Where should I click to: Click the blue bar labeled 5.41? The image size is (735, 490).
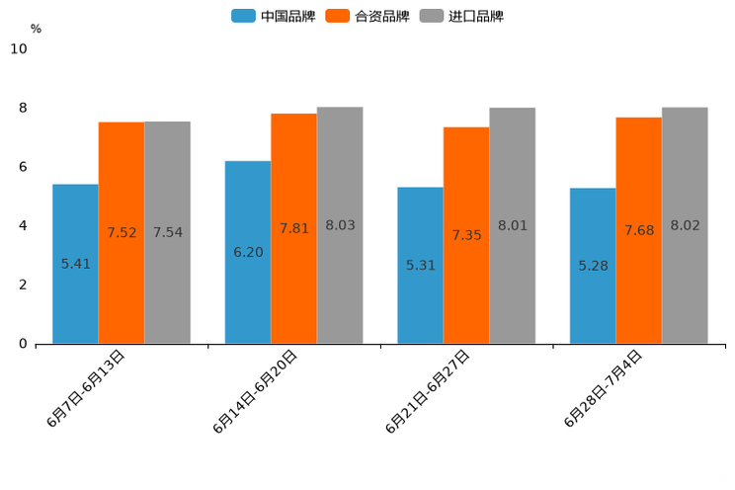(75, 264)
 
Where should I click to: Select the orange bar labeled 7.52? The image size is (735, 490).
(122, 232)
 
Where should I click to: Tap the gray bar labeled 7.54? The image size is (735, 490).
(167, 232)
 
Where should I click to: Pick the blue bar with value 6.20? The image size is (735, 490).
(248, 252)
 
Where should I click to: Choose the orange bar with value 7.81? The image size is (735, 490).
(293, 228)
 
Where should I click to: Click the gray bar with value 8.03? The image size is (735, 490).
(340, 225)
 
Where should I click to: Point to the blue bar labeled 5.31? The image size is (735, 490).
(420, 265)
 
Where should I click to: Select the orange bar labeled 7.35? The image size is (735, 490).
(466, 235)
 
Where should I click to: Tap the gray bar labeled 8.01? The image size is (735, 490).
(512, 225)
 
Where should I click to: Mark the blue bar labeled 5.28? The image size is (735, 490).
(593, 266)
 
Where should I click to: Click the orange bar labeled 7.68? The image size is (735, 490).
(638, 230)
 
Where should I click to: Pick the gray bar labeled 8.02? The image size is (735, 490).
(685, 225)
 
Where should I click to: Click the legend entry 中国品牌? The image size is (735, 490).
(274, 16)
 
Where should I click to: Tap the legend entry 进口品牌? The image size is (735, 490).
(461, 16)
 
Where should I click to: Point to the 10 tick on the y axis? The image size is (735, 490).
(19, 49)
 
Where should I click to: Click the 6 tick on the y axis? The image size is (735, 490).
(24, 167)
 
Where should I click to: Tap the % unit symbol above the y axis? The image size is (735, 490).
(36, 29)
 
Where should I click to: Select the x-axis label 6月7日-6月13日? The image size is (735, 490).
(86, 388)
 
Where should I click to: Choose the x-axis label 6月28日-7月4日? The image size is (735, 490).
(604, 388)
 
